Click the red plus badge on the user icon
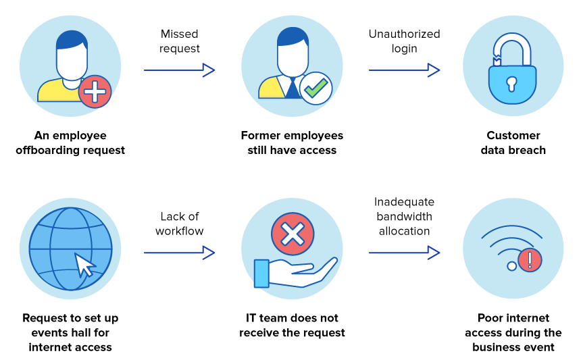[x=95, y=91]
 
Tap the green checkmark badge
[x=315, y=88]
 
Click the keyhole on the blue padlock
[x=511, y=83]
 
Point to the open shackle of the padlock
[x=511, y=43]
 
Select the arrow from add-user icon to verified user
[x=179, y=70]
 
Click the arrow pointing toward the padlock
[x=404, y=70]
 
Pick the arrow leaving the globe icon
[x=179, y=253]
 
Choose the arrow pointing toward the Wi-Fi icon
[x=404, y=253]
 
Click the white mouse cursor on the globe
[x=84, y=265]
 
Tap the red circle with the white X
[x=293, y=234]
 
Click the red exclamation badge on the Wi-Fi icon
[x=530, y=260]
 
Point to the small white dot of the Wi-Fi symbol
[x=511, y=266]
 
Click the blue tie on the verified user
[x=291, y=89]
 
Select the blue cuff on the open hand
[x=261, y=274]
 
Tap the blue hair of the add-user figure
[x=70, y=38]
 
